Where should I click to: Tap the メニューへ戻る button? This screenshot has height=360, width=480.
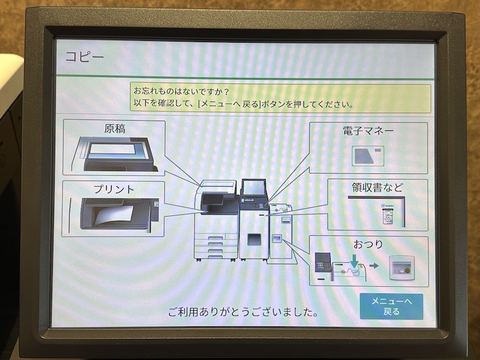point(391,307)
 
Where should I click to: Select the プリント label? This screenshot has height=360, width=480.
point(113,188)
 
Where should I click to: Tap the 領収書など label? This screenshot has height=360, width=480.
point(377,187)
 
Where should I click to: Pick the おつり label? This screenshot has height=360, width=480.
point(368,244)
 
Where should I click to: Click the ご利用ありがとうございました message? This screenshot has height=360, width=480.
point(242,313)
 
